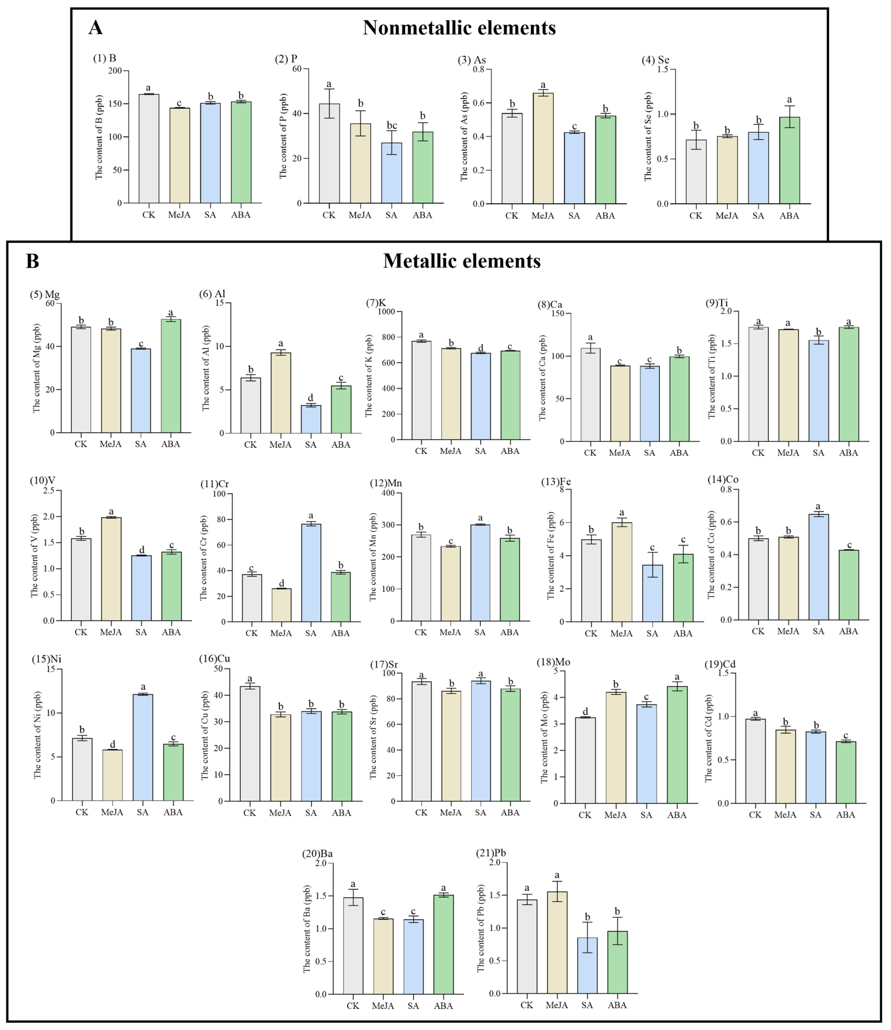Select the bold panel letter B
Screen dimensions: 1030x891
[x=32, y=261]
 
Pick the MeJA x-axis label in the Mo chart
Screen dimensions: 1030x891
[x=616, y=815]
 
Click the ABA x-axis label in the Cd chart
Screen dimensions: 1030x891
[x=845, y=815]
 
